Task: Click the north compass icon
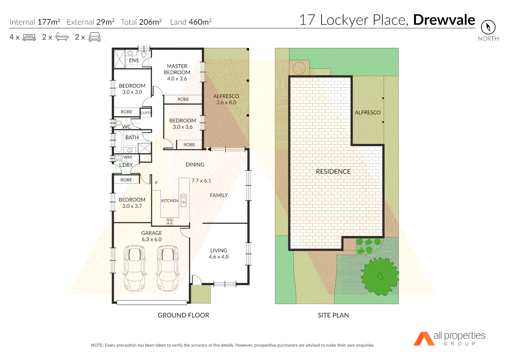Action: tap(488, 27)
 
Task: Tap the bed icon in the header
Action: tap(29, 37)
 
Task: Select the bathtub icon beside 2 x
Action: tap(62, 37)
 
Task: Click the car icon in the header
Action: tap(95, 37)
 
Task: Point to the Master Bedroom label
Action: tap(177, 69)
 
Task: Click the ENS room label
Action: tap(134, 60)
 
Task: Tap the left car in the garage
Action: tap(135, 268)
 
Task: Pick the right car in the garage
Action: tap(168, 268)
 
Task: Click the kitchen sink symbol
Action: tap(183, 200)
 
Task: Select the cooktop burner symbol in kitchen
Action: tap(170, 221)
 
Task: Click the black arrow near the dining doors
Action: tap(209, 149)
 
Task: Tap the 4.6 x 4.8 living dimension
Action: tap(219, 257)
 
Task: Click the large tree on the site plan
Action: tap(380, 276)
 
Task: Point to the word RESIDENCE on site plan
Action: tap(333, 171)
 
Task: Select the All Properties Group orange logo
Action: tap(424, 339)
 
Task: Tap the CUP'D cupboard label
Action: tap(146, 113)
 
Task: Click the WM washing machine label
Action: tap(128, 157)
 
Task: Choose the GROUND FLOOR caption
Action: tap(183, 315)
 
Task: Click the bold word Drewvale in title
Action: tap(444, 20)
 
